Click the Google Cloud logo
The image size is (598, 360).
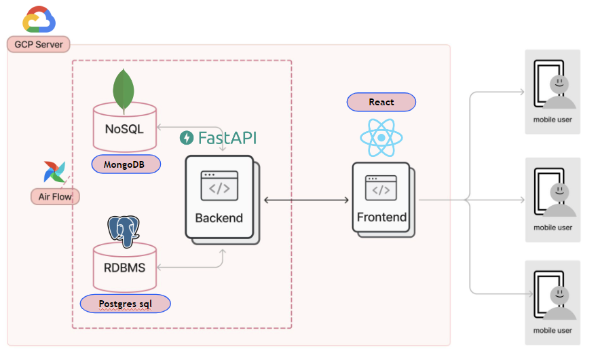(39, 20)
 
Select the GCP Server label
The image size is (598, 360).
(39, 45)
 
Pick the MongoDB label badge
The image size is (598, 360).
(126, 164)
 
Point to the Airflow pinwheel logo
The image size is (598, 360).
(54, 172)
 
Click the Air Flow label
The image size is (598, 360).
(55, 197)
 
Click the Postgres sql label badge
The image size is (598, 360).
(125, 303)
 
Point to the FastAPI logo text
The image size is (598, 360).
(218, 138)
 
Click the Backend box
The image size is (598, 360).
(219, 200)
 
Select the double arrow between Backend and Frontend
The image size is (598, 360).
(306, 200)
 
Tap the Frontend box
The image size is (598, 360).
(381, 200)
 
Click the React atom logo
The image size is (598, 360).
(381, 138)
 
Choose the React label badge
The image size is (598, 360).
(381, 102)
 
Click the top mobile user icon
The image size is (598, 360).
(552, 92)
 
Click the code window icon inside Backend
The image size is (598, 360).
(219, 185)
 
